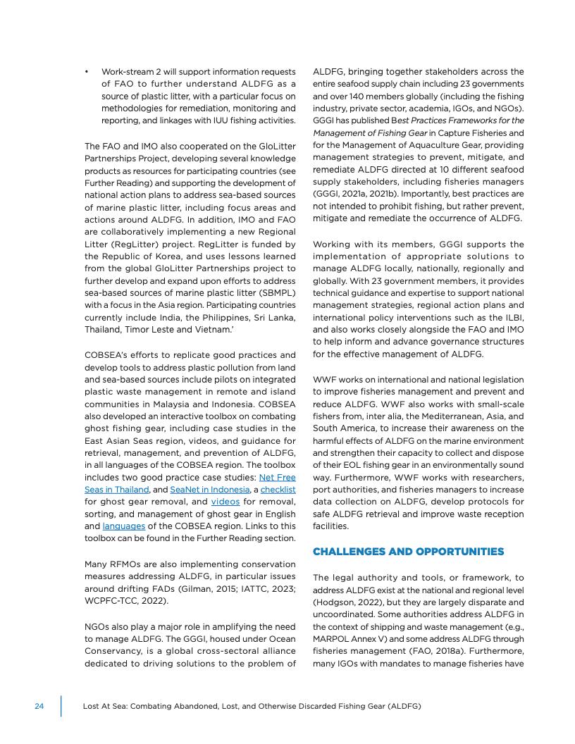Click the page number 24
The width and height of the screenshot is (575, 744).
[39, 706]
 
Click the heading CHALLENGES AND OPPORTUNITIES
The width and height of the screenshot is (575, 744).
[408, 551]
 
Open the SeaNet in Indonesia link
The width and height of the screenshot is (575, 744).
[209, 489]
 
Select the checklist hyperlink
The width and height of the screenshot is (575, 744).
[278, 489]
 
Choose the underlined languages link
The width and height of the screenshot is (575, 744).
[123, 526]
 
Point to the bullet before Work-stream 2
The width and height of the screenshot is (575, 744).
[86, 72]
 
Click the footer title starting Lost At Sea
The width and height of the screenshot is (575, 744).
[252, 706]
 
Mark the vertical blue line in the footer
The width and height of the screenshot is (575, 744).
[61, 706]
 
